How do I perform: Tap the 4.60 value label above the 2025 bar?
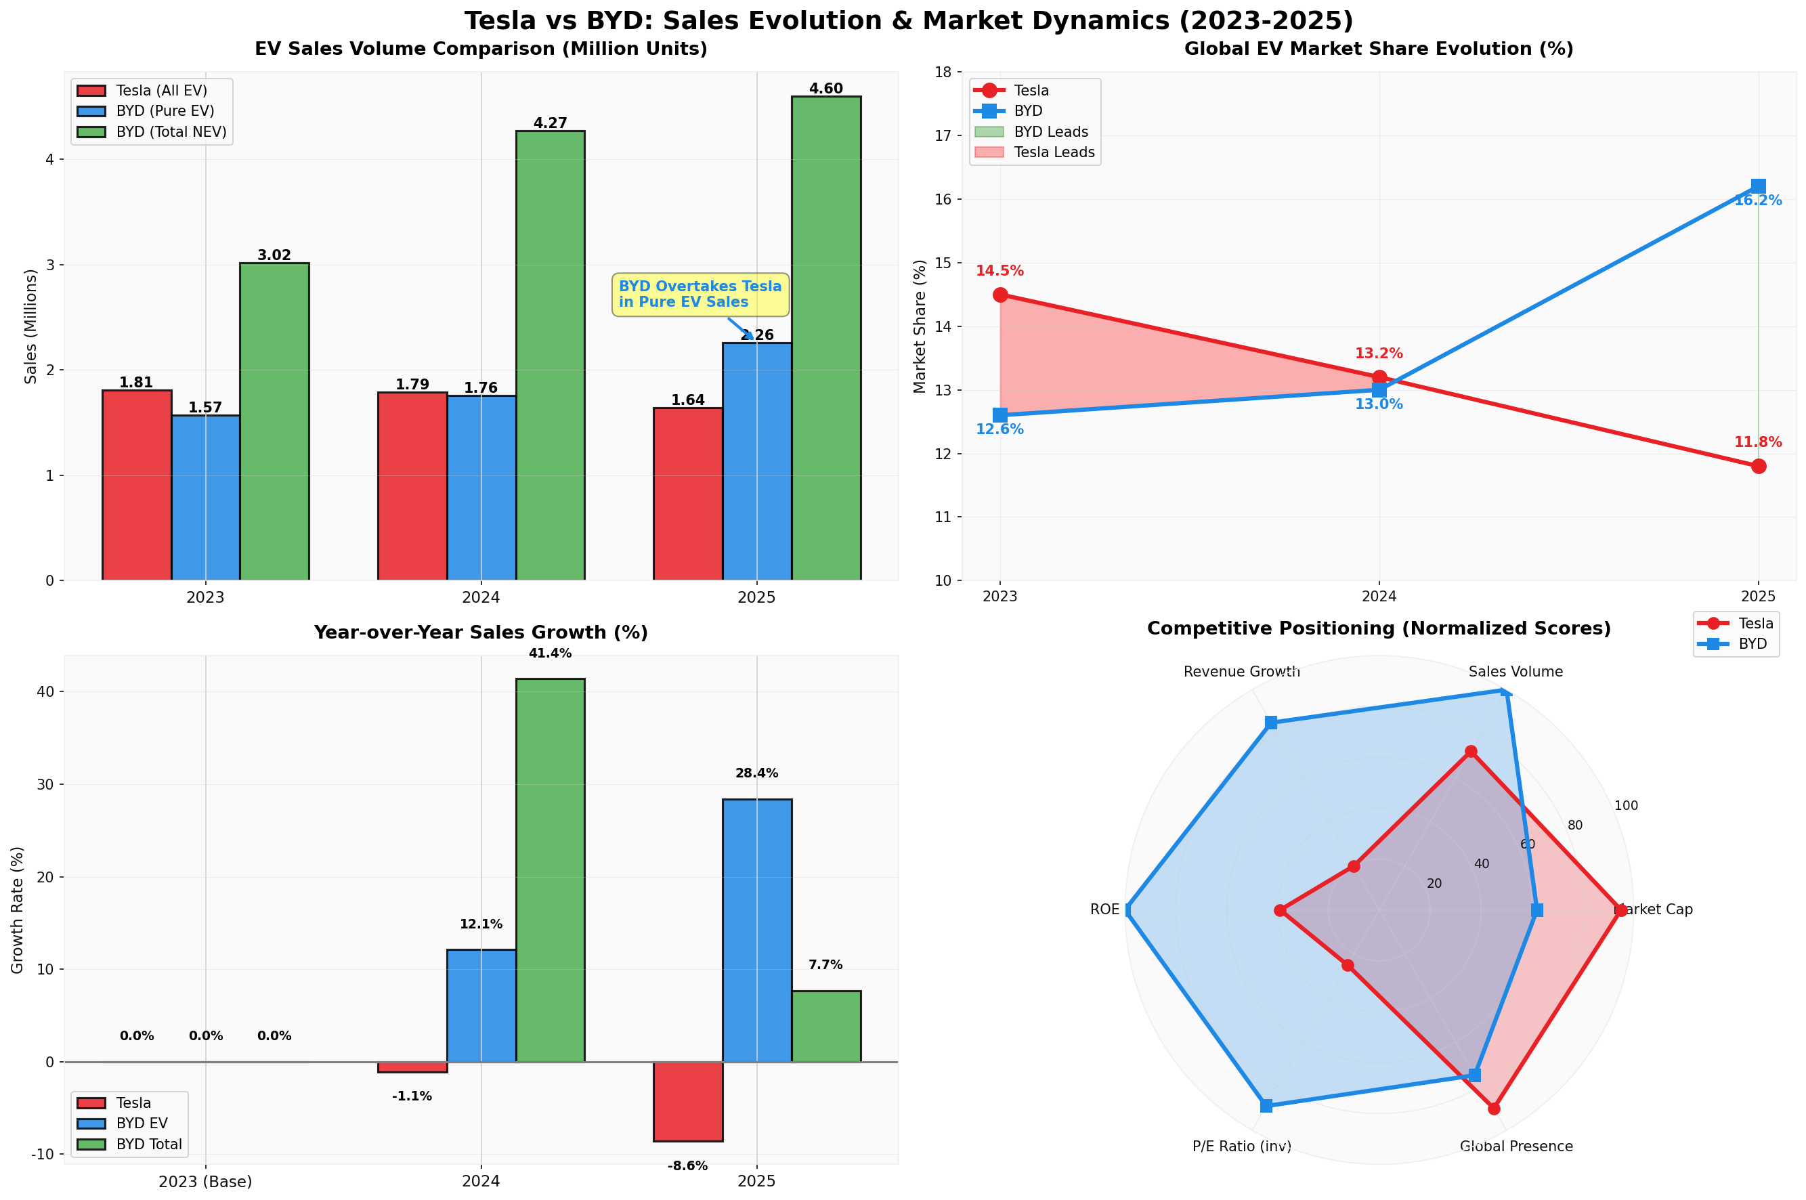coord(825,89)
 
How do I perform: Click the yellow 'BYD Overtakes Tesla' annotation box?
coord(700,295)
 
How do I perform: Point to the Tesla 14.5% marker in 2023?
coord(999,295)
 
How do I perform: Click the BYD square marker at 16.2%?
coord(1758,187)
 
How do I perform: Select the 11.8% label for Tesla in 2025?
coord(1757,442)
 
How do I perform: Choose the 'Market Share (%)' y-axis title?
coord(920,326)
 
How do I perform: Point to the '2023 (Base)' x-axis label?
coord(205,1182)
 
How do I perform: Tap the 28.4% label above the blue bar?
coord(756,774)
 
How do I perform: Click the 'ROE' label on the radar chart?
coord(1104,910)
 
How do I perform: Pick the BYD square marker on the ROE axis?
coord(1126,910)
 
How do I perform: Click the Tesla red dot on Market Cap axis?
coord(1620,910)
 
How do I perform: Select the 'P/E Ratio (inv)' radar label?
coord(1241,1147)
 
